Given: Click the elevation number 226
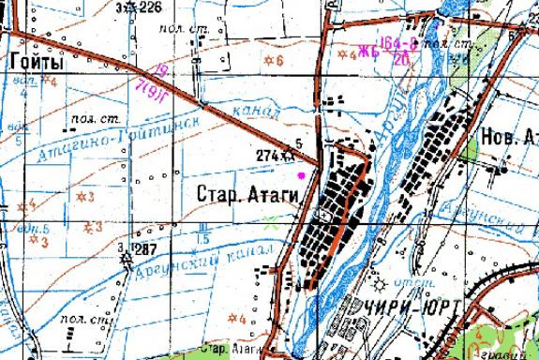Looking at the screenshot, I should [x=150, y=7].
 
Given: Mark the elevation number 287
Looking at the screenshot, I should [x=144, y=249].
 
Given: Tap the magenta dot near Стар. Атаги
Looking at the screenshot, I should [x=301, y=174].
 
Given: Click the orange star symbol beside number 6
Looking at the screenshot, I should [x=270, y=61].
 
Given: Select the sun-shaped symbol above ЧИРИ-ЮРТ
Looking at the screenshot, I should [x=378, y=284].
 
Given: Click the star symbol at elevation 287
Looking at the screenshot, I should [x=128, y=248].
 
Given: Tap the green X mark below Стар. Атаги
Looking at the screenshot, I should [x=272, y=221].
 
